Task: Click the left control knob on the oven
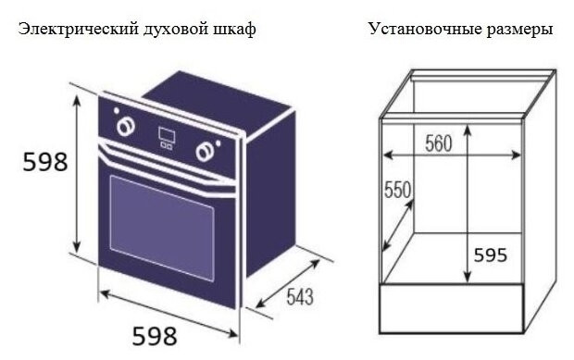click(x=120, y=122)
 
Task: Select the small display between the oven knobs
click(x=165, y=137)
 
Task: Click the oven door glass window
click(x=161, y=223)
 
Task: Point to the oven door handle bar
click(x=162, y=165)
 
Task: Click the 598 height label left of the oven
click(x=45, y=162)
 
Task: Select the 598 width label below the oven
click(x=154, y=336)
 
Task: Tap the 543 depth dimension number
click(x=298, y=297)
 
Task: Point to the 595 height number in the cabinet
click(x=490, y=254)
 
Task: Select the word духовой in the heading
click(x=173, y=30)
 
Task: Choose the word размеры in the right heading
click(x=520, y=30)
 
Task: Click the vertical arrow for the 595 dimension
click(x=466, y=204)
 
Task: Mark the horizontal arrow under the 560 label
click(x=449, y=155)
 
